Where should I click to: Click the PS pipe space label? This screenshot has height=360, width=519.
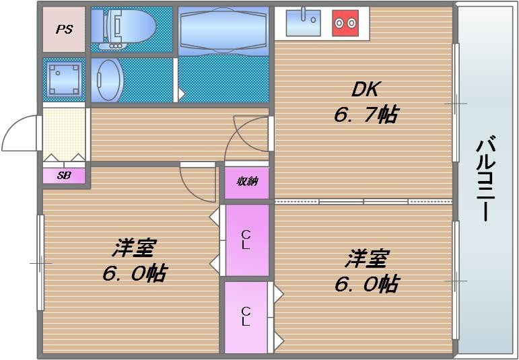(x=65, y=30)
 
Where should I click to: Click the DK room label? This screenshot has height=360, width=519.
(x=366, y=89)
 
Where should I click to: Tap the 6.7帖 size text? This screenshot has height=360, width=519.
(x=365, y=115)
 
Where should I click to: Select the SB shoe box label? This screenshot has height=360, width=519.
(x=64, y=176)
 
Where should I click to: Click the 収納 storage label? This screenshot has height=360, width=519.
(x=246, y=181)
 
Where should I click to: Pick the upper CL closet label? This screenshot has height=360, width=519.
(x=246, y=240)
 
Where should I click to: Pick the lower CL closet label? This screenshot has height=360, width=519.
(x=246, y=316)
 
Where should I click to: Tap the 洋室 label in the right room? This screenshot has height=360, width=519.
(x=367, y=258)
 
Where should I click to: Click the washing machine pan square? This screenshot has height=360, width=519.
(x=65, y=79)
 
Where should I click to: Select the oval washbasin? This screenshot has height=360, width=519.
(x=108, y=79)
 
